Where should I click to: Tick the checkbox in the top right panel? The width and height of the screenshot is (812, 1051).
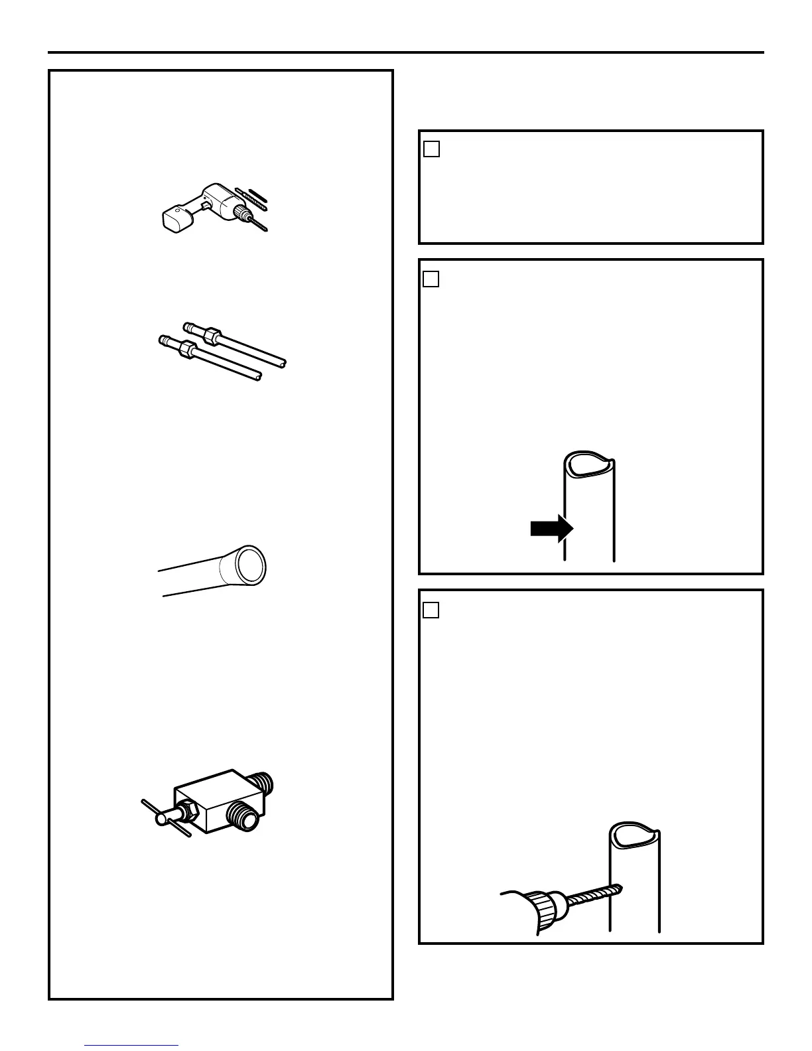click(x=431, y=149)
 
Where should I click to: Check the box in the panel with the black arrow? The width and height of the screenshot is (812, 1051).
click(x=431, y=279)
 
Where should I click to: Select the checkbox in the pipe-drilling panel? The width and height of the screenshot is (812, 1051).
click(x=431, y=610)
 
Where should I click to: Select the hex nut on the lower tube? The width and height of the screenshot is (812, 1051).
click(x=188, y=348)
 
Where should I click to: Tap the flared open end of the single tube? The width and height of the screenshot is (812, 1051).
click(x=250, y=564)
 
